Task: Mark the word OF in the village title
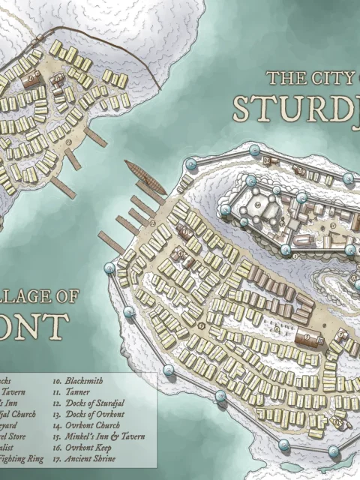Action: pos(64,297)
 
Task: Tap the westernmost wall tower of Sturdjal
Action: pos(112,266)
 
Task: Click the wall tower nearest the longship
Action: pos(190,163)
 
